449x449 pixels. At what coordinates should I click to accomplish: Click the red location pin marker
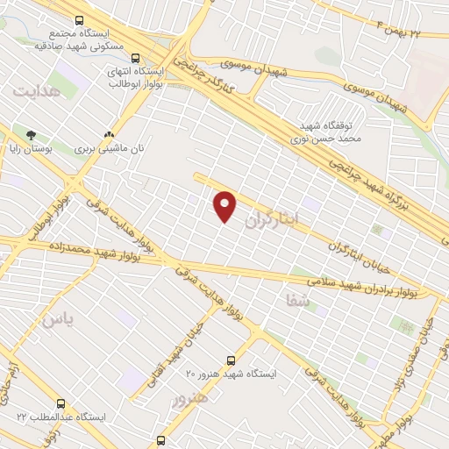click(x=225, y=207)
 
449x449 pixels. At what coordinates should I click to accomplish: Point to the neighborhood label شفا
click(x=297, y=301)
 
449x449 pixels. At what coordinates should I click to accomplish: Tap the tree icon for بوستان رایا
click(x=32, y=136)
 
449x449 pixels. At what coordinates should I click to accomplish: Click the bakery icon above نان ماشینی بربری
click(x=109, y=136)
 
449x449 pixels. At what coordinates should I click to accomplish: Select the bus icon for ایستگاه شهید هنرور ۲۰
click(x=231, y=360)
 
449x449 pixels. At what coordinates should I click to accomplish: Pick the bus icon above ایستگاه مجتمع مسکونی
click(x=79, y=19)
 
